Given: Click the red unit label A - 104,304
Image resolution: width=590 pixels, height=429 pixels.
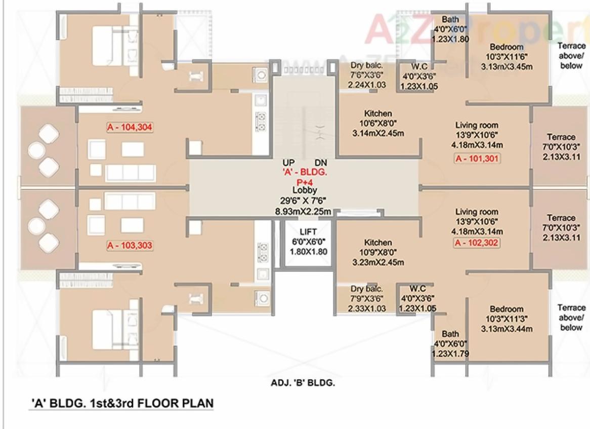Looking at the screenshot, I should click(x=130, y=127).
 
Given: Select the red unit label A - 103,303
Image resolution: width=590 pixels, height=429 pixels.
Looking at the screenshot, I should click(x=130, y=246).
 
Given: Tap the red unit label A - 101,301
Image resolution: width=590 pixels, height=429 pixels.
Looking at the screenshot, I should click(x=477, y=159).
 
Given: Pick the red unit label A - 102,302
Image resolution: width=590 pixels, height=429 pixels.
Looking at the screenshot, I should click(x=477, y=243).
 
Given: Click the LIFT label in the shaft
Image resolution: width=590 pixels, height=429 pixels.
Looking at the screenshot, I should click(x=308, y=232).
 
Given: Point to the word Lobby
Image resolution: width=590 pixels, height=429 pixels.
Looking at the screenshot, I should click(x=305, y=190).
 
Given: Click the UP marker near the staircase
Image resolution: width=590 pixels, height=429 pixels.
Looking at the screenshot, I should click(x=289, y=163).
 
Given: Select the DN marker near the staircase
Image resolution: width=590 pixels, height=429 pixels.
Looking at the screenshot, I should click(x=321, y=163).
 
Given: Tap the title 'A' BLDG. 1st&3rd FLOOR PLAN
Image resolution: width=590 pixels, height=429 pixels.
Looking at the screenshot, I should click(x=121, y=403).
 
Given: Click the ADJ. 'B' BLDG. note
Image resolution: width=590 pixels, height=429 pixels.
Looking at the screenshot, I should click(x=303, y=383).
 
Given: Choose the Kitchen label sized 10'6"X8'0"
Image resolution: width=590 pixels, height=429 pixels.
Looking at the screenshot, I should click(x=378, y=114).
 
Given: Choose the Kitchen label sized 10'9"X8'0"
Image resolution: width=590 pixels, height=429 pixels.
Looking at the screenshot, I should click(x=378, y=243).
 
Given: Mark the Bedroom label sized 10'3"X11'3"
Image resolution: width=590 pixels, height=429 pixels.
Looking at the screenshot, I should click(x=506, y=309).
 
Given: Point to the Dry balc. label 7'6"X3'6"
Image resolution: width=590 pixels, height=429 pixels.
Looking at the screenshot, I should click(x=366, y=65).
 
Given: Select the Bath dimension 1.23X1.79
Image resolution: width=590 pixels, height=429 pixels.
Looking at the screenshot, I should click(x=450, y=354).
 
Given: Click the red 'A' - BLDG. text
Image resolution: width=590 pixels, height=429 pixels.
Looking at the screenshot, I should click(x=305, y=172).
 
